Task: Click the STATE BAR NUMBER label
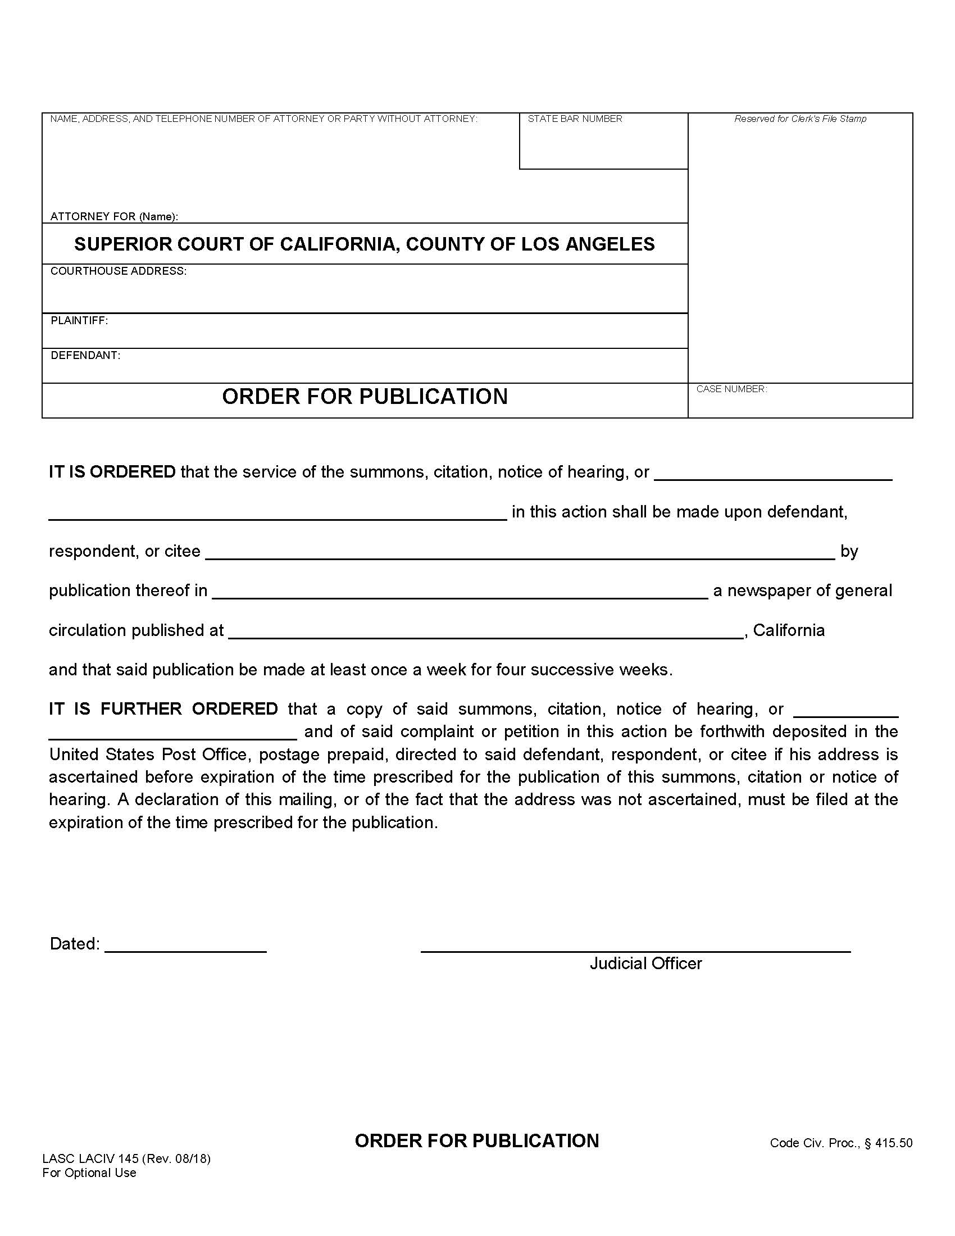point(574,119)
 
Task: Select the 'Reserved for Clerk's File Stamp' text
point(799,119)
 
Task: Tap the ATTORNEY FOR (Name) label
point(114,216)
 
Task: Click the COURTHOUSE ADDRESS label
point(118,271)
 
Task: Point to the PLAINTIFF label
point(79,320)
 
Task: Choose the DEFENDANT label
point(85,356)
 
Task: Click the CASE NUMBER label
point(731,389)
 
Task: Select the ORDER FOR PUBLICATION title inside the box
point(365,396)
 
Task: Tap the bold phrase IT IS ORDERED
point(112,471)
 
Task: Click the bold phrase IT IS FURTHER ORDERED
point(163,708)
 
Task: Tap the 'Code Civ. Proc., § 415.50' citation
point(841,1143)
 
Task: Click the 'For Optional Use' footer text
point(89,1173)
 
